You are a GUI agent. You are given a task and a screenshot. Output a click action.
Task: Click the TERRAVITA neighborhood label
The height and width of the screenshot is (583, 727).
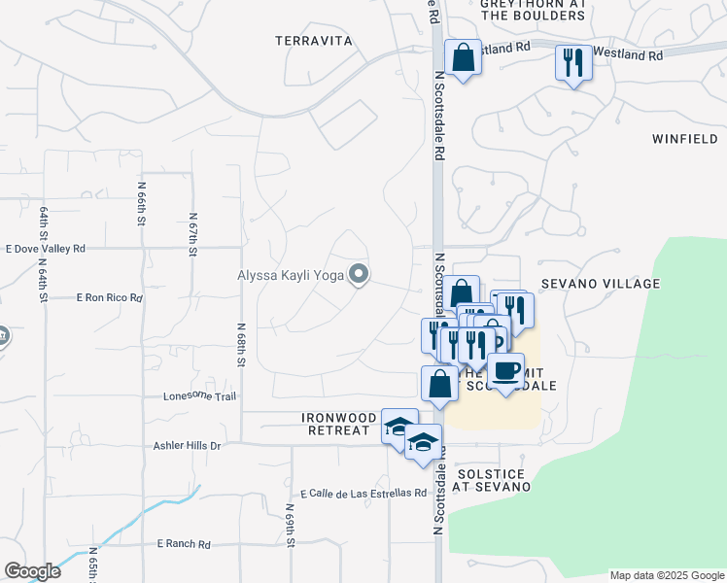click(x=312, y=41)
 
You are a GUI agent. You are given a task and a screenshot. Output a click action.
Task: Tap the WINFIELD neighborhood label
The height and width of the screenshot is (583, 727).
click(x=685, y=139)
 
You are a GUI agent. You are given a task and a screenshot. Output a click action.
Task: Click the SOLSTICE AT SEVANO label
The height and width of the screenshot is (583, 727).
click(x=490, y=480)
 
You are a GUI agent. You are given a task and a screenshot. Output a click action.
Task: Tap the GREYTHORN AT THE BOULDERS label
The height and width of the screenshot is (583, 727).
click(x=534, y=10)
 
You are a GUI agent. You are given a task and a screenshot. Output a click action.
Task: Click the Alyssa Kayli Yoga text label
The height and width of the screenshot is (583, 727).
click(x=291, y=275)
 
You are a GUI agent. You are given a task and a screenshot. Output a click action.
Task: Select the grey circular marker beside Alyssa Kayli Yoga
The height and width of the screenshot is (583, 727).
click(x=359, y=275)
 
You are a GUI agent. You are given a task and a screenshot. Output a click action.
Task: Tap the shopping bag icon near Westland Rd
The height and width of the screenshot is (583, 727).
click(x=463, y=57)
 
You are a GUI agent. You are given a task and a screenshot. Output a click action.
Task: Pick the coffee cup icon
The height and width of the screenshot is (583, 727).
click(x=505, y=370)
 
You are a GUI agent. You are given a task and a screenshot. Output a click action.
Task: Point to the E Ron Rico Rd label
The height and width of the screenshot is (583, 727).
click(x=109, y=297)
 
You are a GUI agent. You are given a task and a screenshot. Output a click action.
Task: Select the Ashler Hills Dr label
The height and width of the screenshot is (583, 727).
click(x=188, y=445)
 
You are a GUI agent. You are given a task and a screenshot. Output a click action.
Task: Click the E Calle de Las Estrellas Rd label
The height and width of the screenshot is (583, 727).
click(x=363, y=494)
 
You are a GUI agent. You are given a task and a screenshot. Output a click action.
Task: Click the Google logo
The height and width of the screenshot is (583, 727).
click(x=32, y=571)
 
